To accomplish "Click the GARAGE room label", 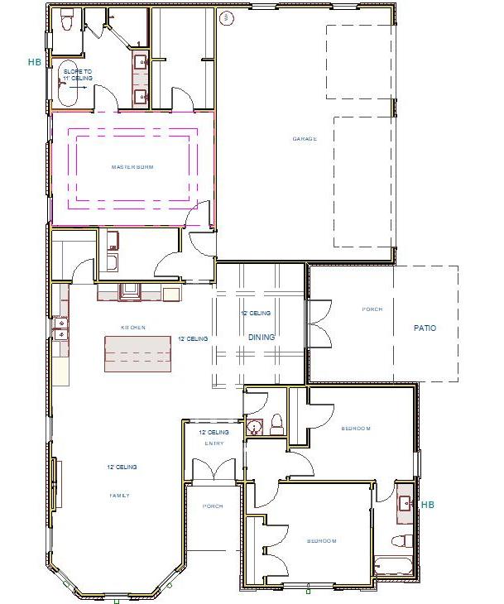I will (x=305, y=138).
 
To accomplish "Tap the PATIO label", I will (x=425, y=328).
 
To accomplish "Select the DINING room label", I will (x=262, y=337).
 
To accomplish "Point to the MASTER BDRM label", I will (x=132, y=166).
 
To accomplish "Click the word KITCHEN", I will (x=133, y=328).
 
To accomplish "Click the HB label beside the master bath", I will (x=34, y=62).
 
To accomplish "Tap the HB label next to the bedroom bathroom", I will (x=427, y=504).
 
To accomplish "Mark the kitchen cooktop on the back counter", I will (x=131, y=291).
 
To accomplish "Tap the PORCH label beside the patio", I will (x=372, y=309).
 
